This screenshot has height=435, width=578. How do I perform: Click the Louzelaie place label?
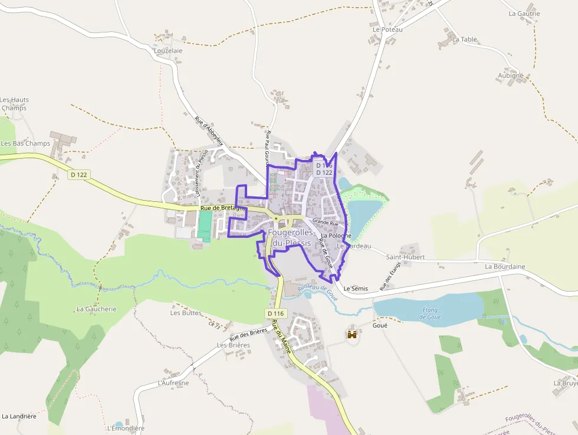coord(168,51)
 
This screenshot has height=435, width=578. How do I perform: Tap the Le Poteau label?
coord(387,30)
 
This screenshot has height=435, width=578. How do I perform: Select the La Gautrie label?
coord(524,14)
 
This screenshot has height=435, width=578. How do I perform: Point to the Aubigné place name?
coord(510,76)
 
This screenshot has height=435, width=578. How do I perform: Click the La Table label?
coord(465,40)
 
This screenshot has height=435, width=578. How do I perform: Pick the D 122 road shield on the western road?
coord(78,175)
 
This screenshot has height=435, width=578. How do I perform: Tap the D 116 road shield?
coord(275,313)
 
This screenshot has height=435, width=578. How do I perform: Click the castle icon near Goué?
coord(353,335)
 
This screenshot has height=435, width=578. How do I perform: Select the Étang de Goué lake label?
coord(431,313)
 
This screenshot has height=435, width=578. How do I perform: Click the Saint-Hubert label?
coord(405,257)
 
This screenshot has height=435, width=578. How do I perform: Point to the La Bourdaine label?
coord(505,267)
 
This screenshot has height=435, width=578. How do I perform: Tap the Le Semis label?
coord(356,289)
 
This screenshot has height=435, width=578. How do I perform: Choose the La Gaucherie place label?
coord(97,309)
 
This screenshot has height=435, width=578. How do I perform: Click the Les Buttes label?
coord(186,313)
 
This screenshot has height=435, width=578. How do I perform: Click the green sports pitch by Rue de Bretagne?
coord(204,225)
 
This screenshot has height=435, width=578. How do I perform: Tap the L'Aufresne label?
coord(173,383)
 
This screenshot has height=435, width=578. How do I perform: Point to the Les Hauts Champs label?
coord(15,104)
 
